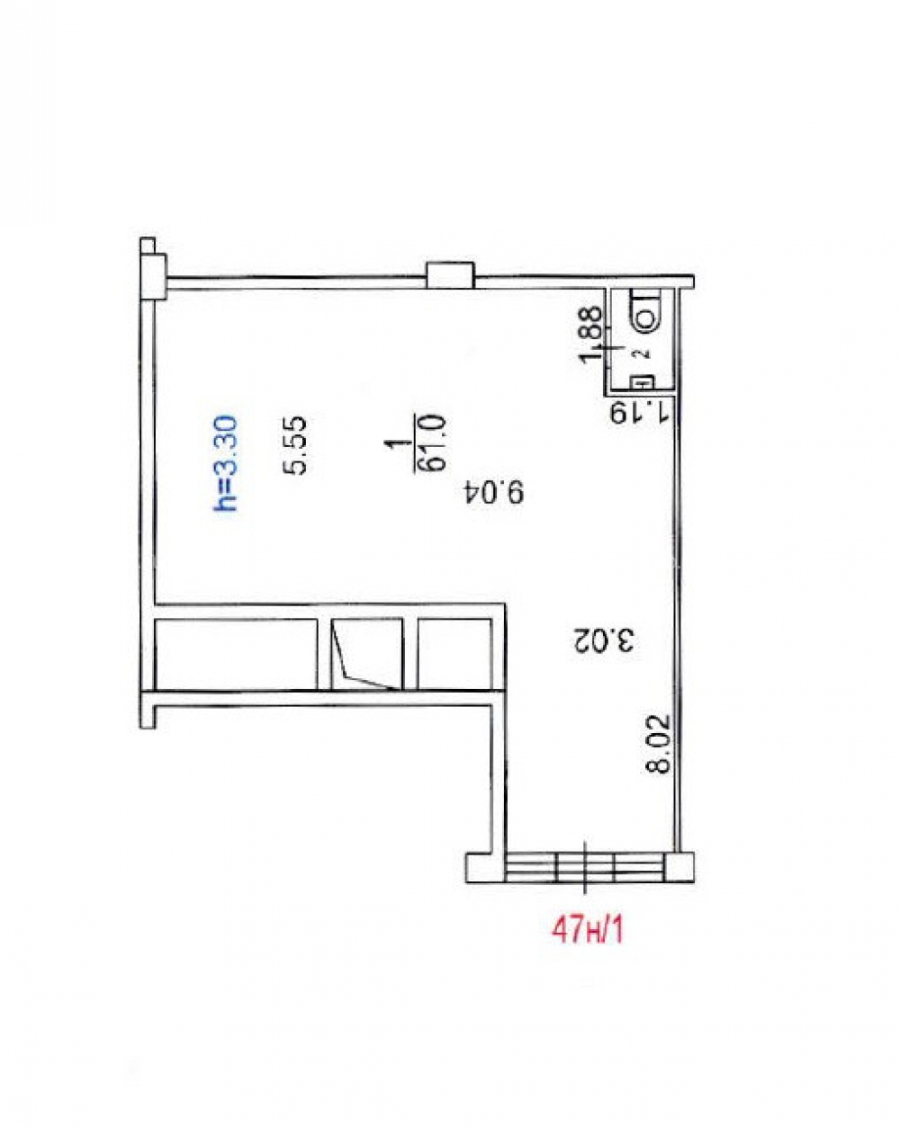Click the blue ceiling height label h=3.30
click(x=225, y=464)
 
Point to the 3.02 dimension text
click(x=603, y=639)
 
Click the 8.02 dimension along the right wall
click(x=658, y=745)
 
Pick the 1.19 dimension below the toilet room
click(x=639, y=412)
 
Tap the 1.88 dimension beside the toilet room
click(x=591, y=334)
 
